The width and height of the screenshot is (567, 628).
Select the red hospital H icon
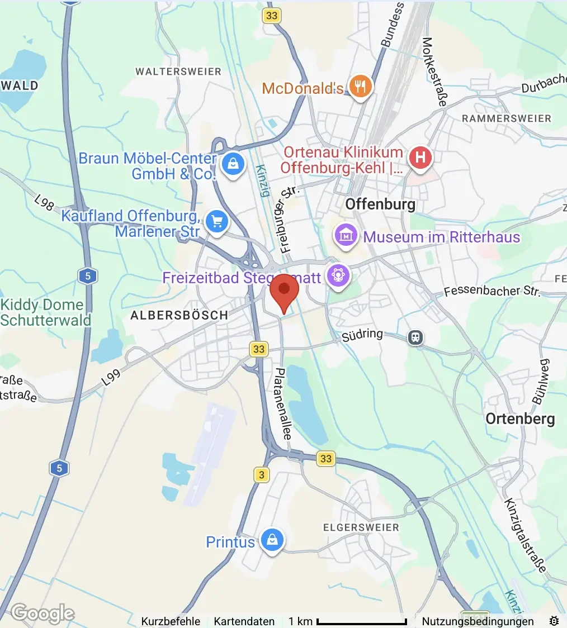point(420,158)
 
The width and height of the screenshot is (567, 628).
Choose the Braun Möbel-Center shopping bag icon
point(231,164)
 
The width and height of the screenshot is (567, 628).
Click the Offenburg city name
point(380,204)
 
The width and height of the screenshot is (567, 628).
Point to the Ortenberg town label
point(520,419)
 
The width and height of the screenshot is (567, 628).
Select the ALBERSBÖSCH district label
point(179,316)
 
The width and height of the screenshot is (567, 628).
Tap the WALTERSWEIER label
point(178,72)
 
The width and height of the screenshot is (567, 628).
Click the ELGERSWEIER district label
point(361,527)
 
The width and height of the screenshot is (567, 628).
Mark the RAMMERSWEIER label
point(507,118)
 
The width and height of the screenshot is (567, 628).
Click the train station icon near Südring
point(415,337)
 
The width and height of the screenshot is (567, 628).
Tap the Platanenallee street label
point(282,403)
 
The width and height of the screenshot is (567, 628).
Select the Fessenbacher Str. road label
point(492,291)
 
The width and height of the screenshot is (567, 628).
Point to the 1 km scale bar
point(361,621)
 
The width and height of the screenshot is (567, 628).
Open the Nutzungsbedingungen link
point(478,621)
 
